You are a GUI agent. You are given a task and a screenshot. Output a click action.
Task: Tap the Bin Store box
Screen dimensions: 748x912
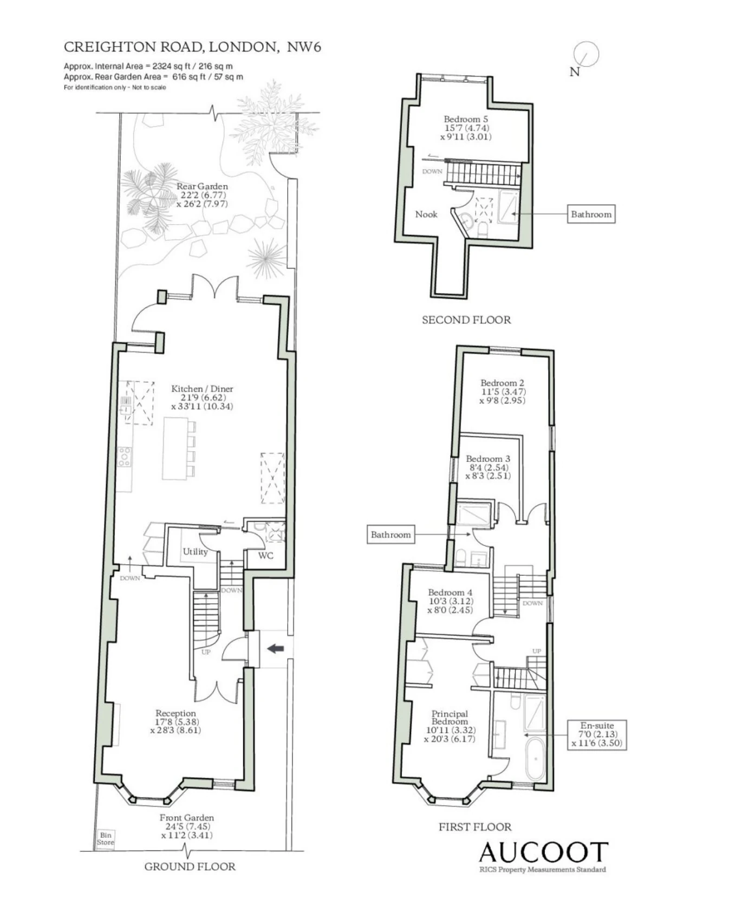[x=106, y=838]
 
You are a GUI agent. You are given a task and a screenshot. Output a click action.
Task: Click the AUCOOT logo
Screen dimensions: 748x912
[x=543, y=852]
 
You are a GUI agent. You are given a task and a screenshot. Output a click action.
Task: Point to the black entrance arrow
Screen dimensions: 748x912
[x=276, y=648]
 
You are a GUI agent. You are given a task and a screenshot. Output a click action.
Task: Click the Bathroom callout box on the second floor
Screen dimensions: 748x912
[x=591, y=214]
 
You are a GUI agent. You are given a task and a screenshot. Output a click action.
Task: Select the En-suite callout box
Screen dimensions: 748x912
[x=597, y=734]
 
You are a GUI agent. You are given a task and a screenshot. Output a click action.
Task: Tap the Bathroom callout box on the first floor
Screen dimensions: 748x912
[x=391, y=535]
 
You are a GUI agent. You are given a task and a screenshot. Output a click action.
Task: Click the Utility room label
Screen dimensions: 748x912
[x=195, y=551]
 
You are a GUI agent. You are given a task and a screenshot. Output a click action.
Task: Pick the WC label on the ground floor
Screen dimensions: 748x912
[x=265, y=556]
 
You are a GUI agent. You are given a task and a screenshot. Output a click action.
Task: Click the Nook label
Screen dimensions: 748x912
[x=426, y=214]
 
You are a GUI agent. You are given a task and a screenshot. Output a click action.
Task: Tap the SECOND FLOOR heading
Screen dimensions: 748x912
[x=466, y=320]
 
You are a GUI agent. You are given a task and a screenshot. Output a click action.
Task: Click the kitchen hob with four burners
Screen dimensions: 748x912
[x=125, y=456]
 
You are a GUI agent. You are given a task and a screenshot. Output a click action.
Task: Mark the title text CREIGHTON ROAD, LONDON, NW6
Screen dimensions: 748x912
[x=192, y=47]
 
